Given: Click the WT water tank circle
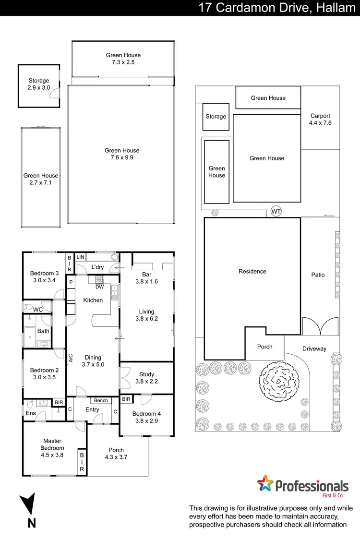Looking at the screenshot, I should (276, 211).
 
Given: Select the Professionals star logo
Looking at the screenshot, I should (264, 483).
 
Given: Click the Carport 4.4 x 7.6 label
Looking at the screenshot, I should (320, 120).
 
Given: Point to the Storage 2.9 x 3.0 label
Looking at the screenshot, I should (38, 84).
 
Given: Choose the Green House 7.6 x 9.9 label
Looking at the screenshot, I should (122, 154).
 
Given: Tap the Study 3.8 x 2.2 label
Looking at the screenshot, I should (146, 378).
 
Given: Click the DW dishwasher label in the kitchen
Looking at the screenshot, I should (100, 287).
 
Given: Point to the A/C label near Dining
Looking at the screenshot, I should (70, 358).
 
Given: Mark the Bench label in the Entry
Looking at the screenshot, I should (101, 400).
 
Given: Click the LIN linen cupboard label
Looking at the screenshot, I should (80, 257).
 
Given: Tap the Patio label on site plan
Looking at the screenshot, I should (318, 275).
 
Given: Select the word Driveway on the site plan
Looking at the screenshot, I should (314, 348).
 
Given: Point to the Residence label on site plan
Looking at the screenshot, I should (252, 271).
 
